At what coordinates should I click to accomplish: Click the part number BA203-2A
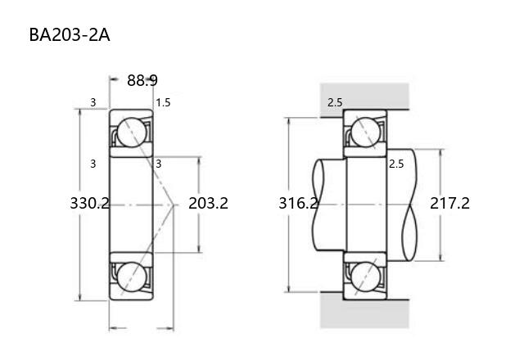[70, 35]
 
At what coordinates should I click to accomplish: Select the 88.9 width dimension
[142, 80]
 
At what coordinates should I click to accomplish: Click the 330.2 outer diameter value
[89, 203]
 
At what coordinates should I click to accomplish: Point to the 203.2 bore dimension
[208, 203]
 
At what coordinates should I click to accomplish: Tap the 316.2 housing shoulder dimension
[298, 203]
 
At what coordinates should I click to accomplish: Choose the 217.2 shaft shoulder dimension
[449, 203]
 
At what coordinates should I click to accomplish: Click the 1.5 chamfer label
[163, 102]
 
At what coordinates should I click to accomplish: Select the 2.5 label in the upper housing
[335, 102]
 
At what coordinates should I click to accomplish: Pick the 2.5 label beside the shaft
[396, 164]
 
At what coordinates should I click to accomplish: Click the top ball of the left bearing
[132, 133]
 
